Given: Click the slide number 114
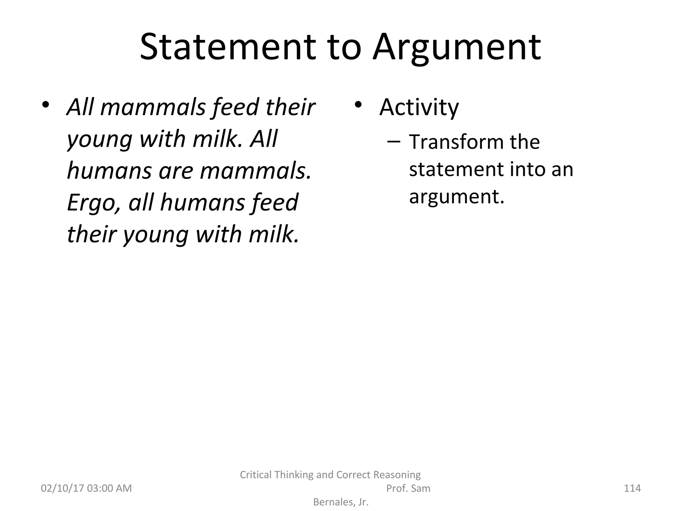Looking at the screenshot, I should point(632,488).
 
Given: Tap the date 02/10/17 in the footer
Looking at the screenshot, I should point(62,488).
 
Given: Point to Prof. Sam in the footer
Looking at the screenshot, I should point(408,488).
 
